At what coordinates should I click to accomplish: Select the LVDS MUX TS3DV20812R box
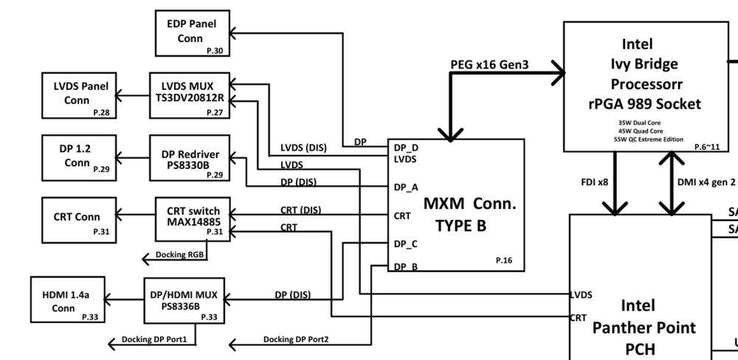click(191, 93)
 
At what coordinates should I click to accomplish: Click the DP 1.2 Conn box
click(77, 156)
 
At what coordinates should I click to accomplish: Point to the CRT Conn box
click(77, 217)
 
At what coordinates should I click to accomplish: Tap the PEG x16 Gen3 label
click(489, 65)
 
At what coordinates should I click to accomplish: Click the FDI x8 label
click(593, 181)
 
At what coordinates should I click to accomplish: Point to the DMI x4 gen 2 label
click(706, 181)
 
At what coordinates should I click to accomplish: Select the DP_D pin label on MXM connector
click(406, 147)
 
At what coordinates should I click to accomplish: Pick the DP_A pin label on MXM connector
click(406, 187)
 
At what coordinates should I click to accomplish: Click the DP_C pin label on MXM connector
click(406, 243)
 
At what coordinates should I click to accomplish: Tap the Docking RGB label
click(179, 255)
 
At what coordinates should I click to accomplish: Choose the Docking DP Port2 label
click(296, 339)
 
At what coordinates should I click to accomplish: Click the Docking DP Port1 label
click(154, 339)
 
